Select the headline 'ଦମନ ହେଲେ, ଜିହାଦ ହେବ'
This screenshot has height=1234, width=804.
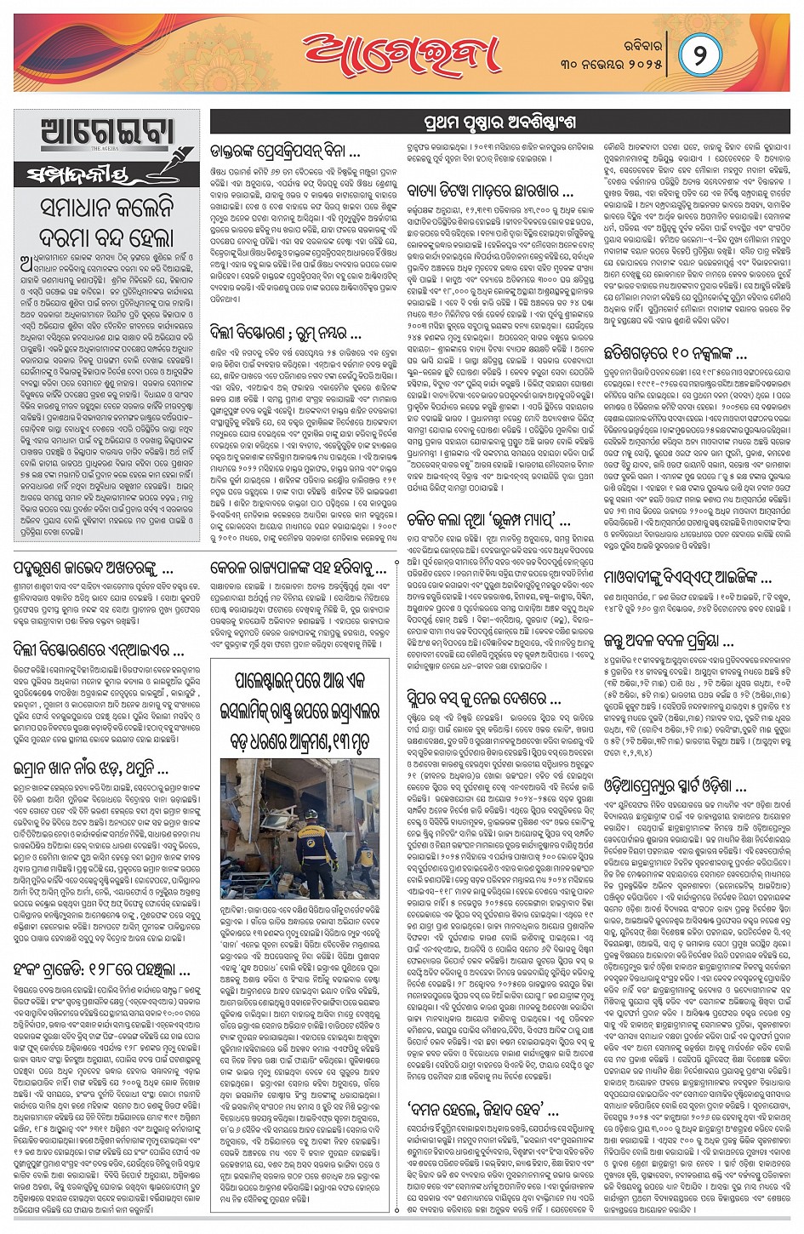tap(483, 1110)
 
